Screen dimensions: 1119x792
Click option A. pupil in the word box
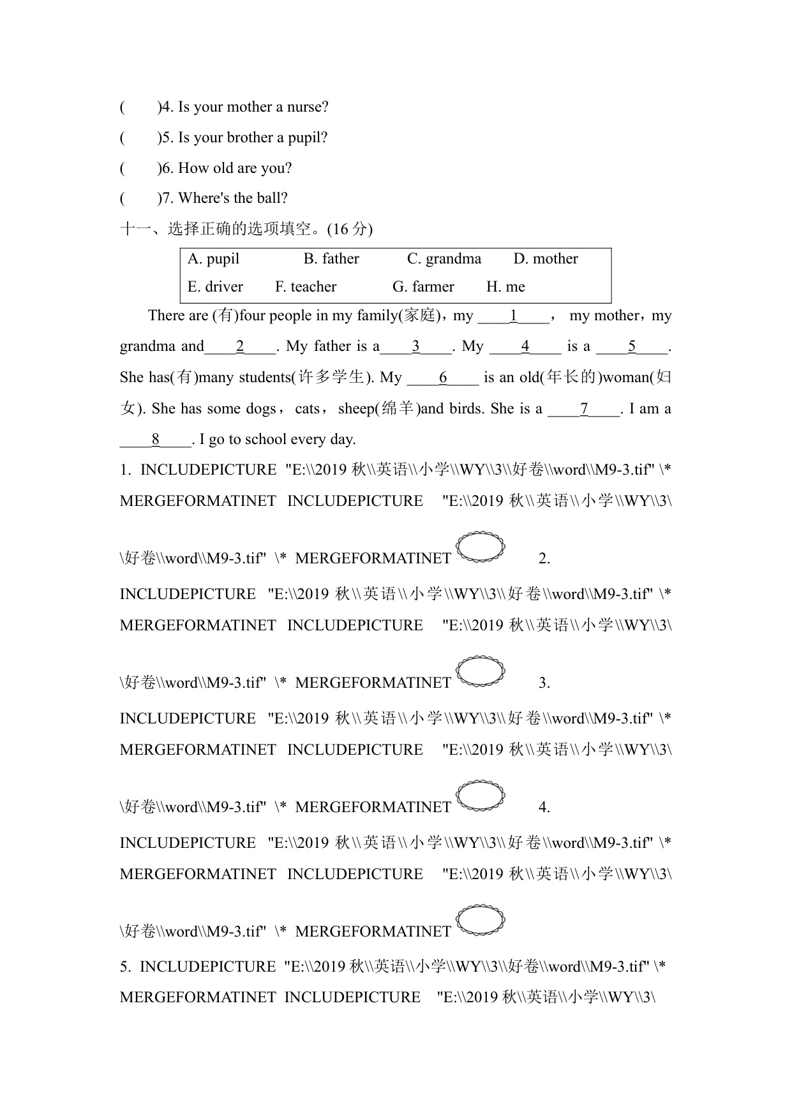point(213,259)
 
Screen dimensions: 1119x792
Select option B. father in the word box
point(331,259)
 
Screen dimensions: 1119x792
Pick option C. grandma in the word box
point(444,259)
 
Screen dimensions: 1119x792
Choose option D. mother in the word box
point(546,259)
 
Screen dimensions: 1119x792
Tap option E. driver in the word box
point(215,287)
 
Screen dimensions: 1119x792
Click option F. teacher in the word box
point(306,287)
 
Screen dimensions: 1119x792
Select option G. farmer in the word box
point(423,287)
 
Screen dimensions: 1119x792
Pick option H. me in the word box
point(505,287)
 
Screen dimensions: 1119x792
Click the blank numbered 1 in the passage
point(513,316)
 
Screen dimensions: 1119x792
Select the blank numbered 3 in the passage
point(415,347)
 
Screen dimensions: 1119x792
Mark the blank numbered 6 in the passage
point(443,378)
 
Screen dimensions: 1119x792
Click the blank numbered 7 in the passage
point(584,410)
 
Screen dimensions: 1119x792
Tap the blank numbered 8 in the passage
point(156,440)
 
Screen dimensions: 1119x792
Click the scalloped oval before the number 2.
point(481,547)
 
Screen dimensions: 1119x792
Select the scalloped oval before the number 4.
point(481,796)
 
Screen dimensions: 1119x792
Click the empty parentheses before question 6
point(139,168)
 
